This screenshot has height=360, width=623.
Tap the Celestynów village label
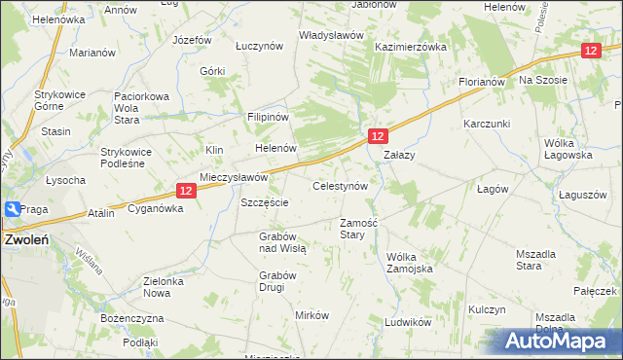click(340, 185)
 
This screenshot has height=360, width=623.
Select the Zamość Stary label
click(358, 229)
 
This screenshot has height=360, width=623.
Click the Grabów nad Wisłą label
click(283, 242)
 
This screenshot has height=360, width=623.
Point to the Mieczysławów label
click(234, 178)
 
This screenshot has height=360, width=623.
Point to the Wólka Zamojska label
click(408, 263)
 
